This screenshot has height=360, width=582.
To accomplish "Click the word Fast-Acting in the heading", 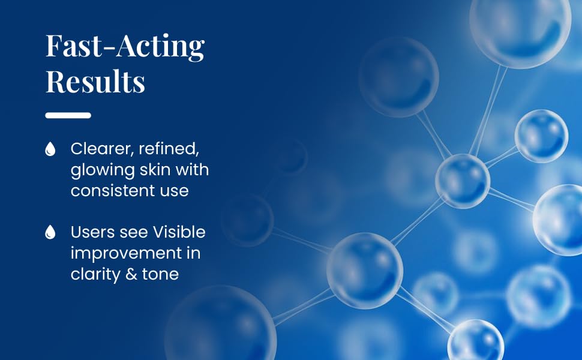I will click(125, 47).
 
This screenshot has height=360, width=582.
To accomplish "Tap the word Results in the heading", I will click(95, 82).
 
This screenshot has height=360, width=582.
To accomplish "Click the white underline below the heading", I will click(68, 115).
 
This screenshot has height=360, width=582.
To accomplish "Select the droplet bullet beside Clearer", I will click(50, 149).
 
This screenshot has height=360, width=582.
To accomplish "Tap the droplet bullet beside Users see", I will click(50, 232).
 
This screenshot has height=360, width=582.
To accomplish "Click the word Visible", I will click(179, 232).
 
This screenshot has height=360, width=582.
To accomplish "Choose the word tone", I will click(161, 274).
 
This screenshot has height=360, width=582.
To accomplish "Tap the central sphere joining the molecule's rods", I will click(462, 181).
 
